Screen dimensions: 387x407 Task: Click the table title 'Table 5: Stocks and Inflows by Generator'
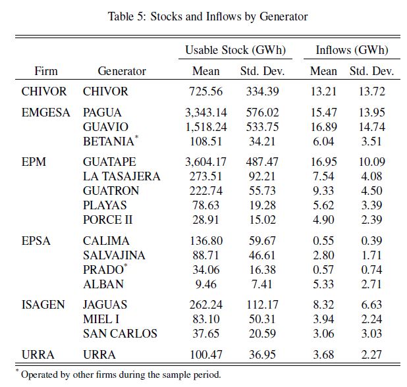pos(207,16)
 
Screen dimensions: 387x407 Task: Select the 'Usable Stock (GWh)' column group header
pos(226,50)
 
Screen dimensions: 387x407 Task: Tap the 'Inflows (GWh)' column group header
pos(352,50)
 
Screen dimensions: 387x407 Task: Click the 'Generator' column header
pos(121,71)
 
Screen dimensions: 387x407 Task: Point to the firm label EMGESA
pos(45,113)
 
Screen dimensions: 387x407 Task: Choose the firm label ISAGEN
pos(43,305)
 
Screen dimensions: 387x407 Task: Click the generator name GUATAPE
pos(109,162)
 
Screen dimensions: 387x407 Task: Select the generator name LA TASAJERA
pos(121,176)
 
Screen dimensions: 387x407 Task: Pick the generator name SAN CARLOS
pos(120,334)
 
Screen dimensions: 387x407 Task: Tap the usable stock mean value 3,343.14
pos(209,113)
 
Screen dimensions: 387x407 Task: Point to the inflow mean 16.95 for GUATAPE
pos(322,162)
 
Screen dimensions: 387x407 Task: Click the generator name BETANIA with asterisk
pos(111,141)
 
